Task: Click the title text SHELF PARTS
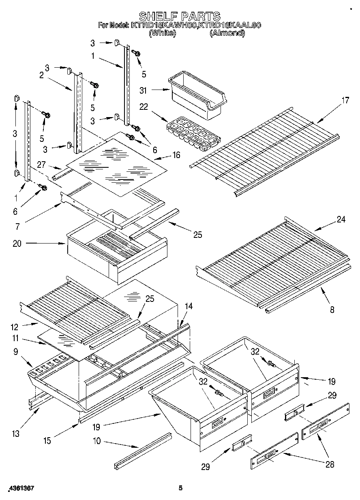tap(180, 16)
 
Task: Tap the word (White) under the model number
tap(162, 34)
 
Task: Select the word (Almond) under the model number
tap(227, 34)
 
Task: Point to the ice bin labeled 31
tap(197, 97)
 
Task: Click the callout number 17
tap(345, 100)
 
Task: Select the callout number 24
tap(341, 220)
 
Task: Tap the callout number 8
tap(332, 310)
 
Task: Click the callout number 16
tap(176, 155)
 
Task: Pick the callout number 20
tap(17, 244)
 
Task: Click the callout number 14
tap(189, 307)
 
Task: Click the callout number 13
tap(15, 434)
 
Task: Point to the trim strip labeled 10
tap(143, 449)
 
